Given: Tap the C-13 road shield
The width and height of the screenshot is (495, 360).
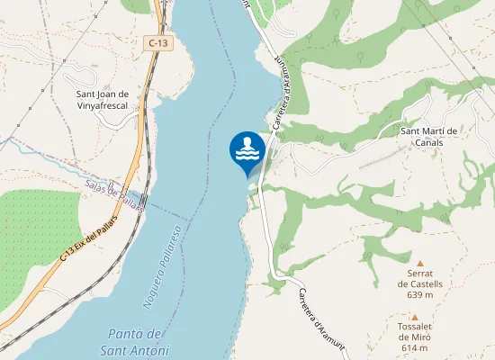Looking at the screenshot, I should point(158,42).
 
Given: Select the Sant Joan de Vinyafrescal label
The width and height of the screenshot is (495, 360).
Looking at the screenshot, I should point(114,99).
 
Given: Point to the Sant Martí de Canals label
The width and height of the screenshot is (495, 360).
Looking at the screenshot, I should point(429,137).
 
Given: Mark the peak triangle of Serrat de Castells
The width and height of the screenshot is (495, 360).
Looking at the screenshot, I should point(419,263).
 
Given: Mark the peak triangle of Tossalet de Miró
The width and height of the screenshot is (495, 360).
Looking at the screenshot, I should point(414,317).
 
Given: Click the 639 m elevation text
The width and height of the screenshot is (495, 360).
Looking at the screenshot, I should point(419,294).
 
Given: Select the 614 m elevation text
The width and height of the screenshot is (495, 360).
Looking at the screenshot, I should point(414,348).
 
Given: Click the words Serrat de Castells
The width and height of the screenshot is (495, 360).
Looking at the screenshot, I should point(419,278).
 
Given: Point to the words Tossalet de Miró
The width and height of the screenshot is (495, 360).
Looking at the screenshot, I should point(414,332).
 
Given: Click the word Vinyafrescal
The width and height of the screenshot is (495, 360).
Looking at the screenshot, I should point(114,105).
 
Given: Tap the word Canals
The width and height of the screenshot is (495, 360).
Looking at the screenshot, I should point(429,143).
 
